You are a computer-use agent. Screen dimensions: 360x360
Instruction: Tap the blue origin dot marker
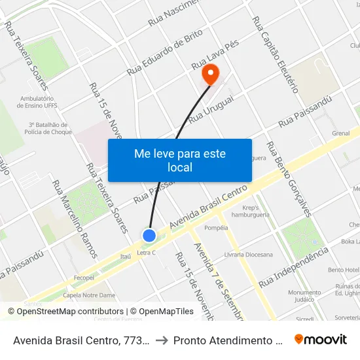pyautogui.click(x=149, y=236)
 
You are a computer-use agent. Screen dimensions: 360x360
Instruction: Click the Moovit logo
pyautogui.click(x=320, y=340)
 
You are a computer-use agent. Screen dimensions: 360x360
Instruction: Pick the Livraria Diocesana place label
pyautogui.click(x=248, y=255)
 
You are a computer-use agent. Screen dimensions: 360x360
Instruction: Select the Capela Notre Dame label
pyautogui.click(x=84, y=295)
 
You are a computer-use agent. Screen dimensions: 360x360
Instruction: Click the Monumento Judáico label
pyautogui.click(x=304, y=296)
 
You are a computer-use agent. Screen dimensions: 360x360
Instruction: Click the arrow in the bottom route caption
pyautogui.click(x=161, y=340)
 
